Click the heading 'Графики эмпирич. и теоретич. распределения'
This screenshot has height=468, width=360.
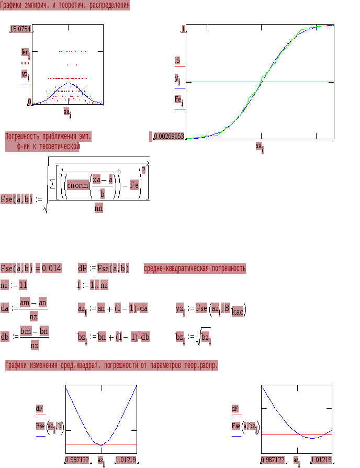(65, 5)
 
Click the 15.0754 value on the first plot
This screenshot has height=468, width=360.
(21, 30)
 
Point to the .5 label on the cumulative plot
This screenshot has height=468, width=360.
(177, 61)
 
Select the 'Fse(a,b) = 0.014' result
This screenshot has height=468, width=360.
(31, 269)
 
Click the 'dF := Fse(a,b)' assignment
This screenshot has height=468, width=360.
(104, 269)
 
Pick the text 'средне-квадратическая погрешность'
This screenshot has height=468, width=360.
(195, 269)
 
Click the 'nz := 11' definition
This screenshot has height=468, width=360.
(14, 285)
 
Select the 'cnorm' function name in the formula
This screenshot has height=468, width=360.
(77, 185)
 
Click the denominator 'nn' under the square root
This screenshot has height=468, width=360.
(98, 208)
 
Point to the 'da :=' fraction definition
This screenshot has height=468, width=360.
(24, 309)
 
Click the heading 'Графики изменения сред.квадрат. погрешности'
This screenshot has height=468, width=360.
(111, 365)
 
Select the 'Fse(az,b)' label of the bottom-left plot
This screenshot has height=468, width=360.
(49, 427)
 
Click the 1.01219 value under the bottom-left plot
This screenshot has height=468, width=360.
(126, 460)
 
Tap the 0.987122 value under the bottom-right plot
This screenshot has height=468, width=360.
(273, 460)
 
